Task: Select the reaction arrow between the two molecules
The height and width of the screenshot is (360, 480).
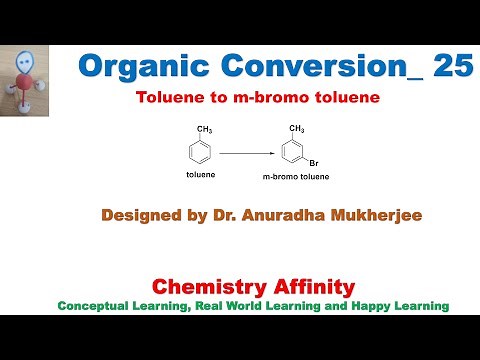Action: click(x=244, y=153)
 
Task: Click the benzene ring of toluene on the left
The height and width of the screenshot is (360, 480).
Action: click(x=200, y=153)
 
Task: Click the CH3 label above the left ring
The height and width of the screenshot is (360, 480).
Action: click(x=204, y=129)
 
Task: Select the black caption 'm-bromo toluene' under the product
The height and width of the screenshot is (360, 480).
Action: click(x=296, y=177)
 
